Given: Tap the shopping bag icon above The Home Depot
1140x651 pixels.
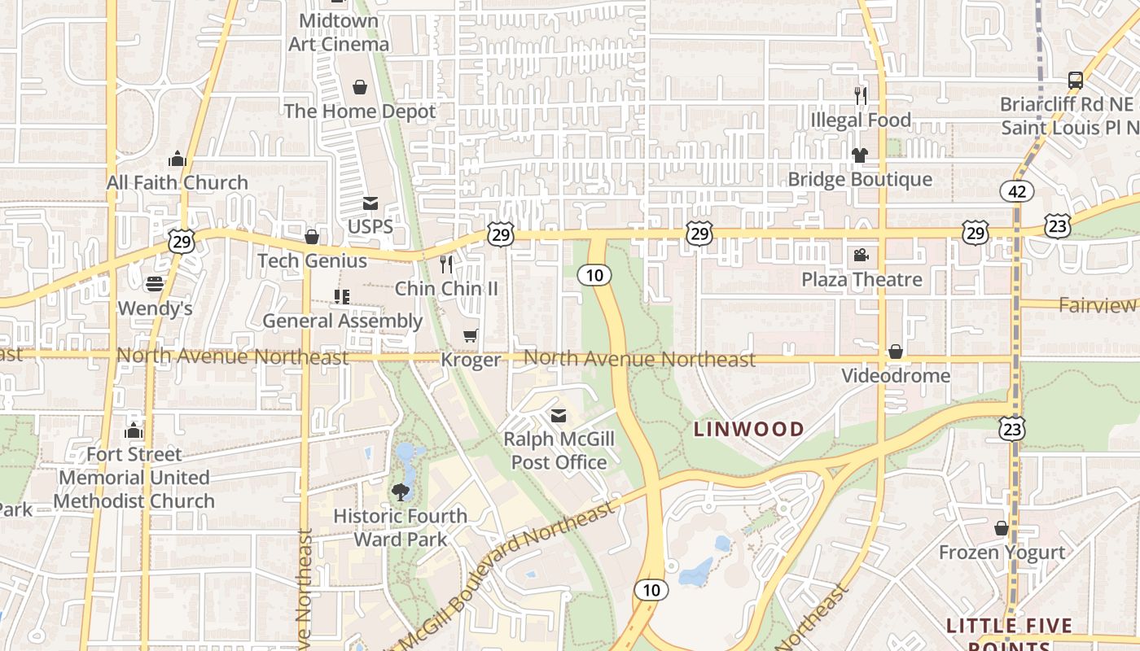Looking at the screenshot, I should point(360,87).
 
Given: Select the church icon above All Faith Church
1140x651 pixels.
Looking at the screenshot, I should point(178,159).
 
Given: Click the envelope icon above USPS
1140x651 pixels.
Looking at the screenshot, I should point(370,203).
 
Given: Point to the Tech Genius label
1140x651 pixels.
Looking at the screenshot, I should point(312,260).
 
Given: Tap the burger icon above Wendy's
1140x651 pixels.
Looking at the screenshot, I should point(155,284).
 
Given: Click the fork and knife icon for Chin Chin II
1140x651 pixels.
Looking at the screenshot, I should point(446,264).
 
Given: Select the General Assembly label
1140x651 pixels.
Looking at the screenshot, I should point(342,321).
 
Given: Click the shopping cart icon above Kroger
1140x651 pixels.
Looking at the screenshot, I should point(470,335).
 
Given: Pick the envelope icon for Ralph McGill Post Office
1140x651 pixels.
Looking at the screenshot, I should point(558,416).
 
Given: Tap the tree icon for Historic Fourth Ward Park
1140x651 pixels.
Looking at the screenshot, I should point(400,491).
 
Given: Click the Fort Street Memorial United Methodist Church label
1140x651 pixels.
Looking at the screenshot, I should point(134,477).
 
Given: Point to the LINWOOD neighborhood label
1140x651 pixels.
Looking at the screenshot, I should point(748,429).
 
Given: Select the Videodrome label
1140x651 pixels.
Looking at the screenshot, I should point(896,375).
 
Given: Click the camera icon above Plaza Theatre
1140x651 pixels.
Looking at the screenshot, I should point(861,256).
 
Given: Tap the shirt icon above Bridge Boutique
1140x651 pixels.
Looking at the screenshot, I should point(860,155).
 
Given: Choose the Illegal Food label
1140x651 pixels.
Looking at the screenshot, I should point(861,120).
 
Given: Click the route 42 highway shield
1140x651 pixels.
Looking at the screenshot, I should point(1017,191).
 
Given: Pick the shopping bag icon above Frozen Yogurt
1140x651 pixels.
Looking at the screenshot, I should point(1002,528).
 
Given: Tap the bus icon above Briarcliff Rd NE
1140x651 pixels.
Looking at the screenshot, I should point(1076,80).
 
